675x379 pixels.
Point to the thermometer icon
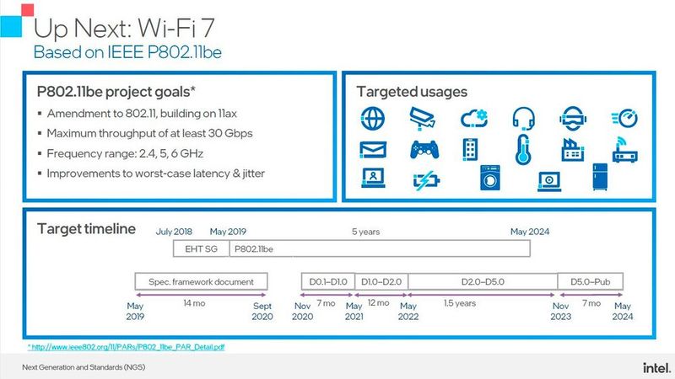(522, 149)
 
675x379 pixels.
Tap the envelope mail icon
(371, 150)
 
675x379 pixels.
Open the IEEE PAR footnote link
(127, 346)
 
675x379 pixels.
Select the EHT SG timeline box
(193, 248)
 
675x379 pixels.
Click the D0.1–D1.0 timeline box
(324, 280)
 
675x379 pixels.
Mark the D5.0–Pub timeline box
(590, 280)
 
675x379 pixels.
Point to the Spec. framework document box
(201, 280)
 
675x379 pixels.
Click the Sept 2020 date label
(262, 312)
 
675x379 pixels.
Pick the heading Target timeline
(86, 228)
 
